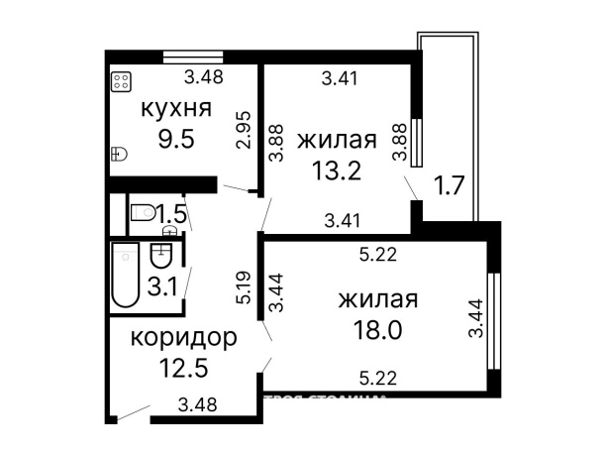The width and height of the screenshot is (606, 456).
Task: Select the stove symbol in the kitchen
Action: pyautogui.click(x=123, y=82)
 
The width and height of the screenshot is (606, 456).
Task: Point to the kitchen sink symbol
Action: pyautogui.click(x=121, y=153)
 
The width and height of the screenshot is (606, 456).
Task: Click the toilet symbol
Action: pyautogui.click(x=143, y=211)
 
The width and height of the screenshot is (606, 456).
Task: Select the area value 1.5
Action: pyautogui.click(x=171, y=213)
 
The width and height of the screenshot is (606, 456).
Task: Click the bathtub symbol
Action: pyautogui.click(x=125, y=275)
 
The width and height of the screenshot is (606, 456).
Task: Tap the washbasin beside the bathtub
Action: pyautogui.click(x=160, y=257)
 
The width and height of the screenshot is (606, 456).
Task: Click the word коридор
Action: pyautogui.click(x=184, y=338)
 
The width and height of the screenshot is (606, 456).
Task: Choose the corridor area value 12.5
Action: pyautogui.click(x=184, y=370)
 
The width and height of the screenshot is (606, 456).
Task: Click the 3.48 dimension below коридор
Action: pyautogui.click(x=197, y=403)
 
